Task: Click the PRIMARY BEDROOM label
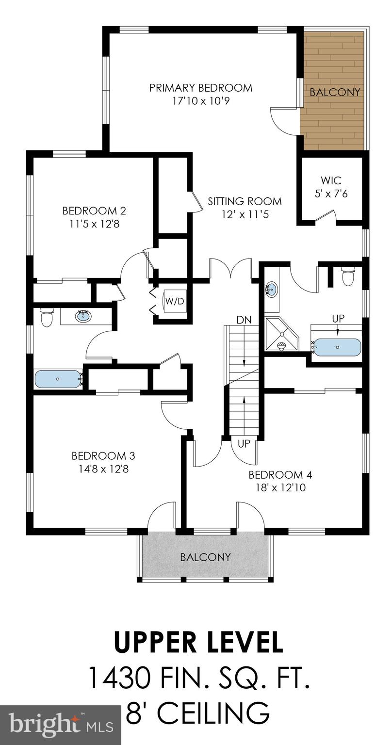point(200,88)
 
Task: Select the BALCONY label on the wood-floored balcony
point(335,92)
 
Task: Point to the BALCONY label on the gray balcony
point(205,557)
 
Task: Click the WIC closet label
point(331,181)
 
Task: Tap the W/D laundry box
point(175,301)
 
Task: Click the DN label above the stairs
point(244,320)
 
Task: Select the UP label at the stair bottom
point(244,443)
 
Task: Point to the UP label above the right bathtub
point(338,319)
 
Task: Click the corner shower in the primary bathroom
point(281,334)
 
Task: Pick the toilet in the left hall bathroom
point(47,318)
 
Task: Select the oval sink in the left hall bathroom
point(83,317)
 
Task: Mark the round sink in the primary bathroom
point(272,290)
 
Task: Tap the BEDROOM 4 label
point(277,474)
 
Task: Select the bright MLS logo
point(61,725)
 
